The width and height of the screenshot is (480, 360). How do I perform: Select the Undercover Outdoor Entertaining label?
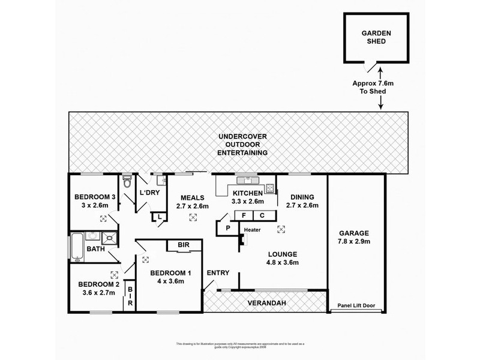[242, 145]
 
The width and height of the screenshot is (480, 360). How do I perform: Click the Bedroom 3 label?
[95, 202]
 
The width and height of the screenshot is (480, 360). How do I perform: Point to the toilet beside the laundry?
[127, 181]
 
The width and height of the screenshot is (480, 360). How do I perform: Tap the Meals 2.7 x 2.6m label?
[192, 202]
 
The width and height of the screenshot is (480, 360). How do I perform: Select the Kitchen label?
[247, 197]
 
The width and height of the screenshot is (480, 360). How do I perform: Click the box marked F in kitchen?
[244, 215]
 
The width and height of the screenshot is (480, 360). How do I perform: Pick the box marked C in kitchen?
[263, 215]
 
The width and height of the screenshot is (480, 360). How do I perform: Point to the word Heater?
[251, 229]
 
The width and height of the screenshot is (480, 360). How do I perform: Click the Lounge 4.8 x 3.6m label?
[282, 258]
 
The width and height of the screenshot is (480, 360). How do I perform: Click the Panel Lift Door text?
[356, 305]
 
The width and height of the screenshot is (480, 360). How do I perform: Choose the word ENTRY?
[218, 273]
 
